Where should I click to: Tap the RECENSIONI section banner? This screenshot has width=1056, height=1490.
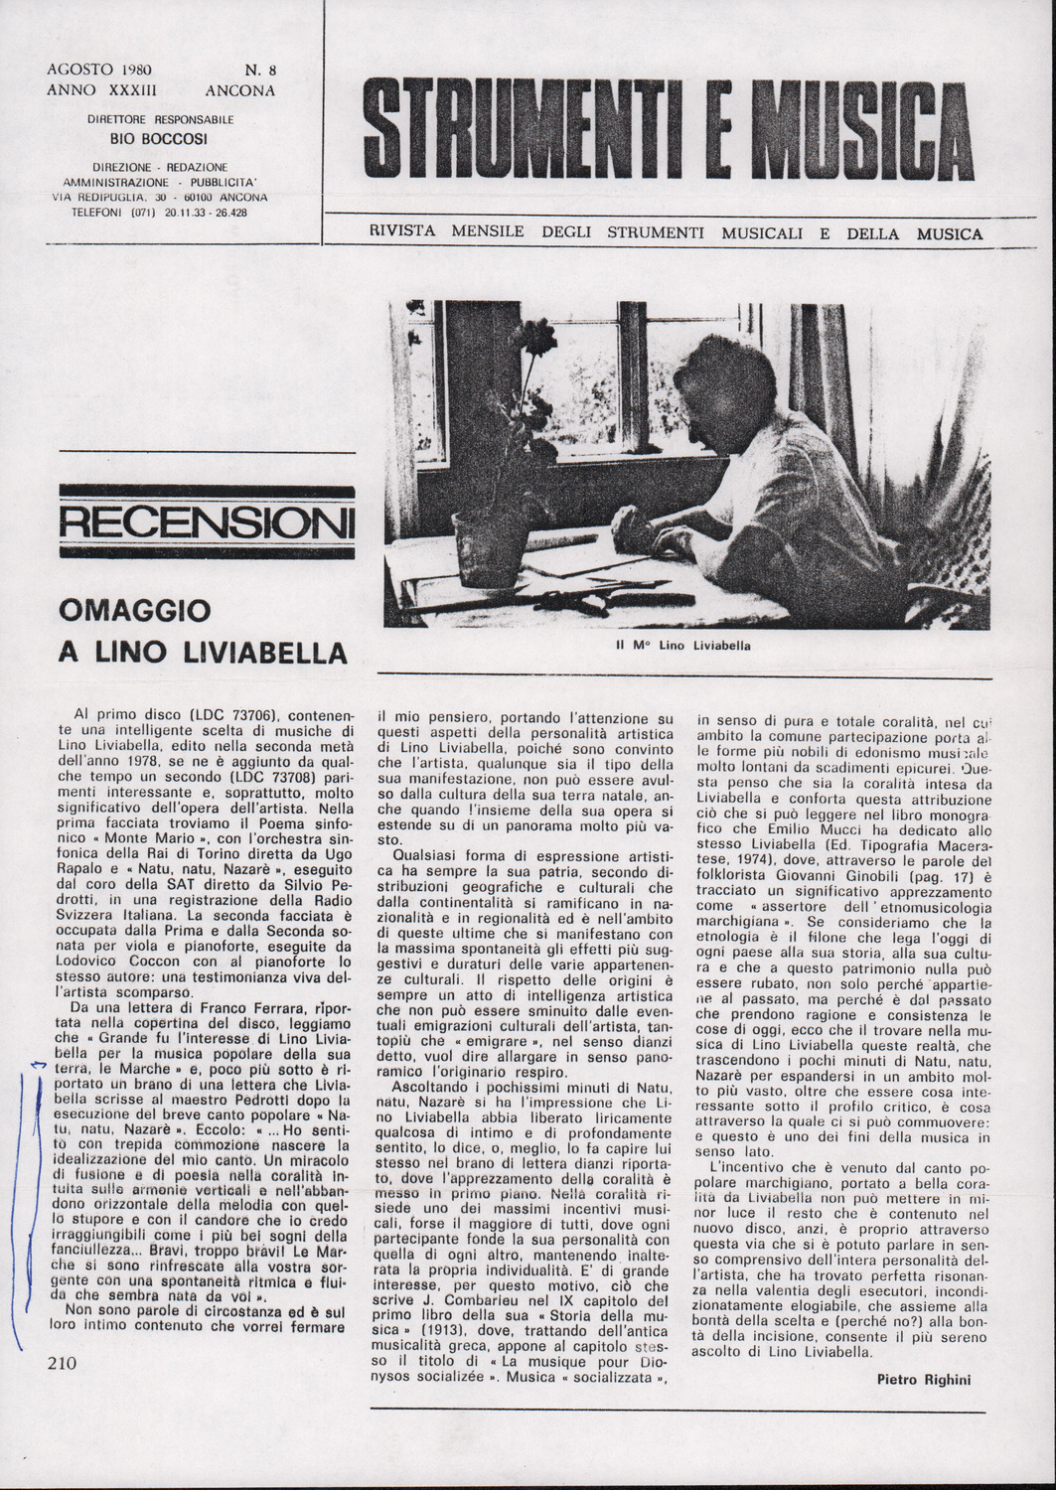pos(207,521)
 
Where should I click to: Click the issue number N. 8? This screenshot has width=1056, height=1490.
pos(260,71)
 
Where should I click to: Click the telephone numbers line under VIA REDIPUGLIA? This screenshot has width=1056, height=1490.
pos(160,212)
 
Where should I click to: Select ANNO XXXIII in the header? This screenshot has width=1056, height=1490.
pos(95,89)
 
